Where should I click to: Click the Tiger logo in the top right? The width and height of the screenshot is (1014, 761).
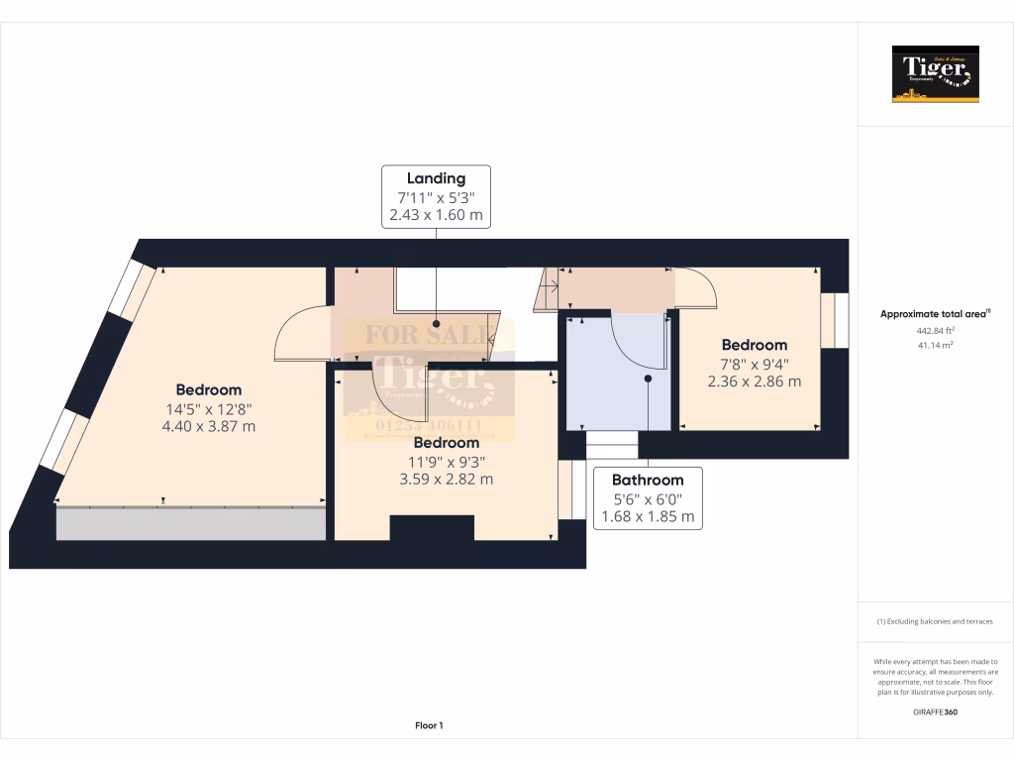(x=936, y=74)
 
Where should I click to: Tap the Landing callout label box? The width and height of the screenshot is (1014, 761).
(x=437, y=196)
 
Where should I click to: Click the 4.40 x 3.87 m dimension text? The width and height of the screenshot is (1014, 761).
(x=209, y=426)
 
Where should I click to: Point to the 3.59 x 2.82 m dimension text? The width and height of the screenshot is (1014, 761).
(x=447, y=479)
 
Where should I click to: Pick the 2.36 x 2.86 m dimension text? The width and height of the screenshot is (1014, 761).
(x=754, y=380)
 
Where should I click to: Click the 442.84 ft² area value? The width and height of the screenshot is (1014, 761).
(x=936, y=331)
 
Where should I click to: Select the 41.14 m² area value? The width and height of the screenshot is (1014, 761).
(x=936, y=344)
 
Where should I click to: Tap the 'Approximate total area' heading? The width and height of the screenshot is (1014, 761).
(x=936, y=314)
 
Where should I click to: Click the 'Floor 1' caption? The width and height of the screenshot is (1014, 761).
(x=429, y=726)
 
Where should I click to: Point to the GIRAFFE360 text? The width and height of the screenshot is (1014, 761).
(x=936, y=711)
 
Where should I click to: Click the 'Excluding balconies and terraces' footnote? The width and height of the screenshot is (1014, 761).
(x=936, y=621)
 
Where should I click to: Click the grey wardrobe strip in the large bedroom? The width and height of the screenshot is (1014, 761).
(x=191, y=523)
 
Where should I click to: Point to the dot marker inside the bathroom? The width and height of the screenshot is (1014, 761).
(x=649, y=378)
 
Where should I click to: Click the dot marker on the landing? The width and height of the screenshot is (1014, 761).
(x=437, y=323)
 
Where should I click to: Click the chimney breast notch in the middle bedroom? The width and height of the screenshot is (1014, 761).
(x=432, y=528)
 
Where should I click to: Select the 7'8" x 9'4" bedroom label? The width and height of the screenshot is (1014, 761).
(x=754, y=363)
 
